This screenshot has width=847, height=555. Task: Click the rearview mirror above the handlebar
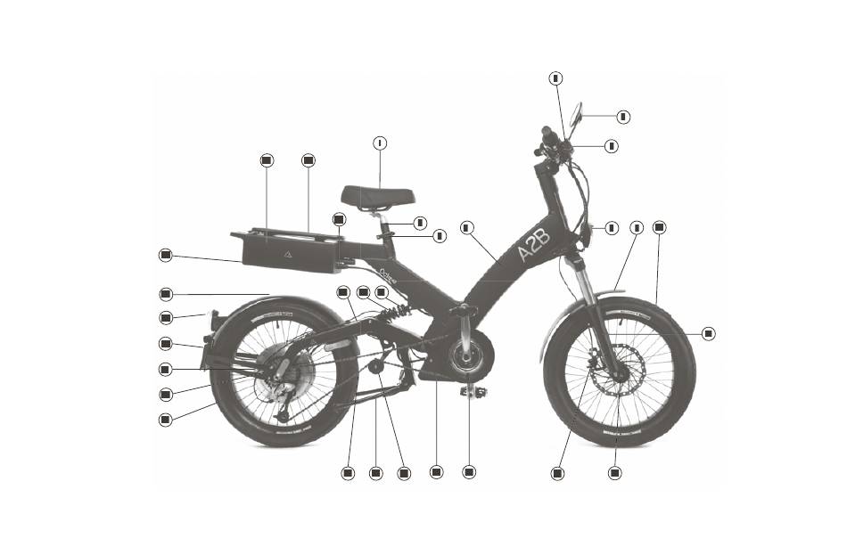coord(576,114)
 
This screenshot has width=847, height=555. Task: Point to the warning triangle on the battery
coord(288,254)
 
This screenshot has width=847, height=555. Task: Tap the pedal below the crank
coord(473,391)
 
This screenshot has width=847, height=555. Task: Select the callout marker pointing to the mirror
coord(623,116)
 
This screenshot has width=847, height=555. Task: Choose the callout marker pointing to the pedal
coord(469,471)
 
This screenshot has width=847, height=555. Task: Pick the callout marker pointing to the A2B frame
coord(466,227)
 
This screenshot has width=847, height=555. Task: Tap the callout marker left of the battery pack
coord(165,255)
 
